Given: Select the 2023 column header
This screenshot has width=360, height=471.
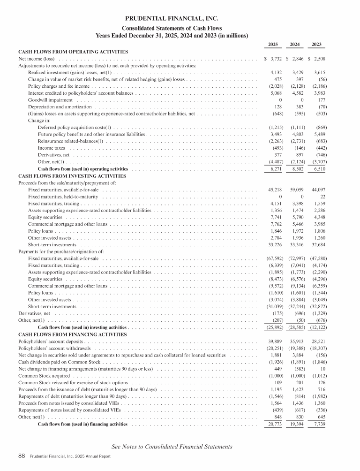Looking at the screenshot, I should pos(319,45).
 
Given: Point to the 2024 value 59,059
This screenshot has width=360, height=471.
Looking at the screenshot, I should pos(295,190).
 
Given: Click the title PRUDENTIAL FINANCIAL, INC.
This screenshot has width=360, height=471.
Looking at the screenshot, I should pos(172,19).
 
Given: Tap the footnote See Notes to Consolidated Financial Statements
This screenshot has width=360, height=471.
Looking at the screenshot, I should pos(172,447).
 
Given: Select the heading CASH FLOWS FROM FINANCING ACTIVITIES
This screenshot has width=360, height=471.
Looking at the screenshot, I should pos(72,334).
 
